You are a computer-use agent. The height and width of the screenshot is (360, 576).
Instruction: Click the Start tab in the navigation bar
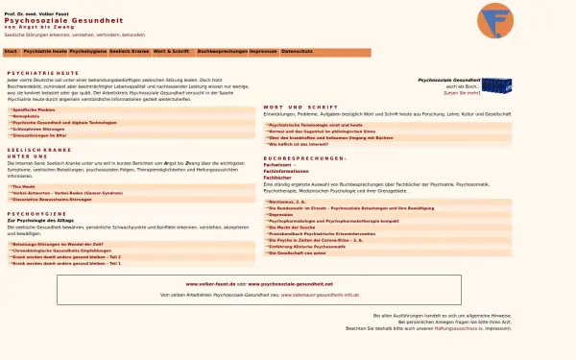pos(11,49)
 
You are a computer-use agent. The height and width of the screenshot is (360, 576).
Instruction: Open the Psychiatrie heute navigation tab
pos(45,49)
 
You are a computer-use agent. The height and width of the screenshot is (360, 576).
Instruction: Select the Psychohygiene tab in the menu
pos(88,49)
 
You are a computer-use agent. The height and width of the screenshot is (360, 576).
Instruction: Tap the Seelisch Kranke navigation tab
pos(130,49)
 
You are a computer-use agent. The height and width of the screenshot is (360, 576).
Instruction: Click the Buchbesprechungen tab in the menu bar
pos(221,49)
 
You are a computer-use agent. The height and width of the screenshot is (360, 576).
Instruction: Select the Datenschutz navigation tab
pos(298,49)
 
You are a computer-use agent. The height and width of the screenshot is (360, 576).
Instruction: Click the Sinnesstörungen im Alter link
pos(39,136)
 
